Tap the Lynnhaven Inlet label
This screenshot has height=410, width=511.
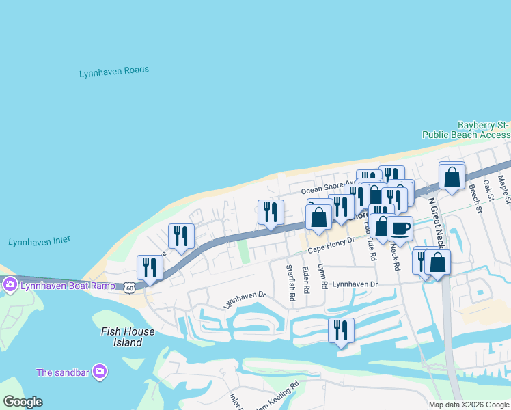40,241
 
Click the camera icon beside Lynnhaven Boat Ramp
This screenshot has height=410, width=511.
10,285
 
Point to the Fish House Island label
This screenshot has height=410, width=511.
128,337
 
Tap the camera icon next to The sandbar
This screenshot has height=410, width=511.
100,372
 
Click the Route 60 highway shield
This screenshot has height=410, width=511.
130,289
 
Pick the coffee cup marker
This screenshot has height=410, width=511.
400,228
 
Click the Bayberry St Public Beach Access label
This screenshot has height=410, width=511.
482,130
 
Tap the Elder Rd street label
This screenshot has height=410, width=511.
305,281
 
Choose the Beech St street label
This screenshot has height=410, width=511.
471,201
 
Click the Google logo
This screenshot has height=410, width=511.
23,402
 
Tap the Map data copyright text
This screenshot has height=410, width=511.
468,405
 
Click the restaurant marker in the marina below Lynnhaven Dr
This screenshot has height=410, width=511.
341,331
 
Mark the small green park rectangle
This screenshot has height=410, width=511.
243,252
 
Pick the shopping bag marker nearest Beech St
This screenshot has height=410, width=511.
452,177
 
